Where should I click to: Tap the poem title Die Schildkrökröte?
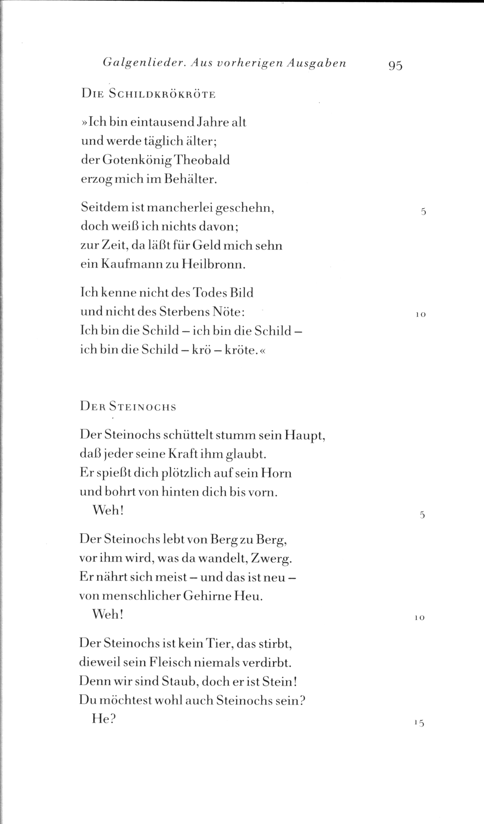148,95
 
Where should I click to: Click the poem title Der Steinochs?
128,406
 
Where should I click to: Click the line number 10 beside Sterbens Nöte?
420,315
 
